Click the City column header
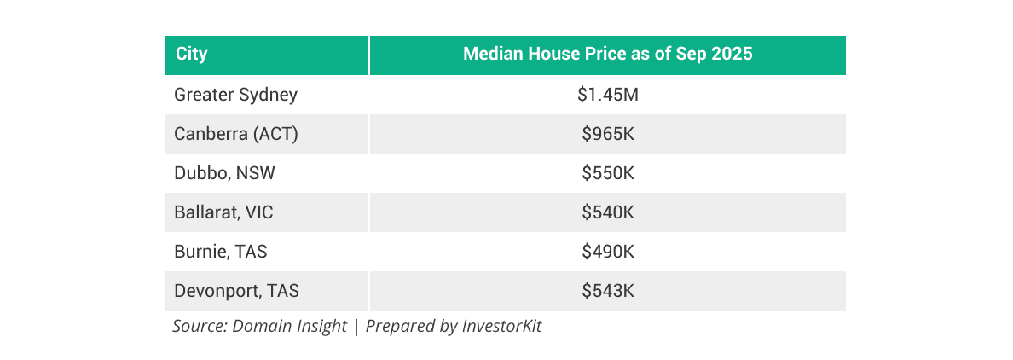pos(192,55)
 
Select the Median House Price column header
pos(607,55)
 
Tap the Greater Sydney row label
pos(235,95)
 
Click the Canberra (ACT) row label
pos(235,134)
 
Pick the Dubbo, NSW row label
pos(224,173)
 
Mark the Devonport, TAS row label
pos(236,291)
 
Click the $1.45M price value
pos(607,95)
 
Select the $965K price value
pos(607,134)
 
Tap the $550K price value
pos(607,173)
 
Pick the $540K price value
pos(607,212)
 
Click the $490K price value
pos(607,252)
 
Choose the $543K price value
pos(607,291)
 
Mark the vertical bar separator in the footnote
pos(356,326)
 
